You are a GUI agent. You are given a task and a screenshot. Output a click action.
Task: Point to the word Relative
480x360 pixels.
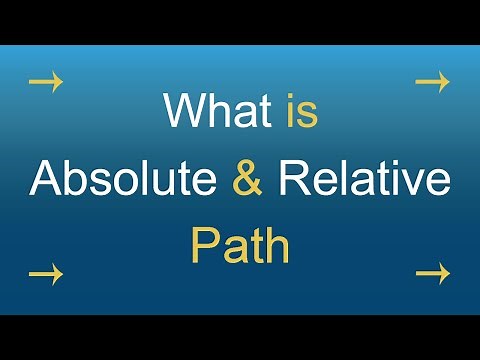point(365,179)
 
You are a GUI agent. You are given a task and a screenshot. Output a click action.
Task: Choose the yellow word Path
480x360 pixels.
point(241,246)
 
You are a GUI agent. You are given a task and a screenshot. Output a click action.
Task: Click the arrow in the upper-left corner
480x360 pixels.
point(46,82)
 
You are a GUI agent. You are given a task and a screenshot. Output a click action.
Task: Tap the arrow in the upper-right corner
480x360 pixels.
point(432,82)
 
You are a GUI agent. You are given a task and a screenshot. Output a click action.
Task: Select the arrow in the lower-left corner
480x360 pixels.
point(46,271)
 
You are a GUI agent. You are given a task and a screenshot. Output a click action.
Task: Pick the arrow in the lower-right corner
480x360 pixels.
point(432,271)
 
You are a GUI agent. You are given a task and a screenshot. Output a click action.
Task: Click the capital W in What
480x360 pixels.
point(184,111)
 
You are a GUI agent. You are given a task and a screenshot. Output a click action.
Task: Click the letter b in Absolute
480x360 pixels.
point(73,179)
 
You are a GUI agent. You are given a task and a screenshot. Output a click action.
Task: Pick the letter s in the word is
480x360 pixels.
point(306,116)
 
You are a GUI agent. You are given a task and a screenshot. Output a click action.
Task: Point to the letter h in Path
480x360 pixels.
point(276,246)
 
